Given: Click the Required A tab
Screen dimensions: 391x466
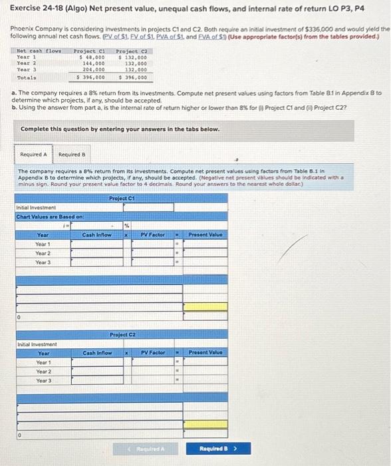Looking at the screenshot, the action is click(x=34, y=154).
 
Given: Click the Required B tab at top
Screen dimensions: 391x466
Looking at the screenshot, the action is click(x=71, y=154).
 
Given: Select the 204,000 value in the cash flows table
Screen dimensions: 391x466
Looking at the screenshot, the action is click(x=92, y=69).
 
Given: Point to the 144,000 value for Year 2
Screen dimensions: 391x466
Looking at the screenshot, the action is click(x=92, y=63).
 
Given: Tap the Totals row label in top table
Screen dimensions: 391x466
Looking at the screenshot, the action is click(x=27, y=77).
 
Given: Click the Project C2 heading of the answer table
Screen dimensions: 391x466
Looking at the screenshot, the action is click(x=122, y=334).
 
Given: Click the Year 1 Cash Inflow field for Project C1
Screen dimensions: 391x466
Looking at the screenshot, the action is click(x=96, y=244).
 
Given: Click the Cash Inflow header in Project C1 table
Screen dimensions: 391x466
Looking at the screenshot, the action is click(x=96, y=234).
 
